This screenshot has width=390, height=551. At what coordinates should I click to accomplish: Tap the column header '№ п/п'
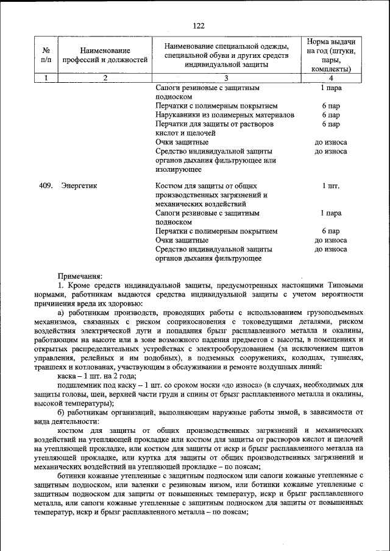pyautogui.click(x=46, y=55)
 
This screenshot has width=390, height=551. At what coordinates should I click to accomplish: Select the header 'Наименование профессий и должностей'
pyautogui.click(x=105, y=55)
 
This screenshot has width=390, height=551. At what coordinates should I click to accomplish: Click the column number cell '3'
pyautogui.click(x=225, y=78)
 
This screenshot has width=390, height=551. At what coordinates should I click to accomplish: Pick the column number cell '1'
pyautogui.click(x=46, y=78)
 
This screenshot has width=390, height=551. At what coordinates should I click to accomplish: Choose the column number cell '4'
pyautogui.click(x=331, y=78)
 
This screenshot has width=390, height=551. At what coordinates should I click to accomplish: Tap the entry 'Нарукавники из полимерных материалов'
pyautogui.click(x=225, y=114)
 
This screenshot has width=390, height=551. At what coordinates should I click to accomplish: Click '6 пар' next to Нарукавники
pyautogui.click(x=331, y=114)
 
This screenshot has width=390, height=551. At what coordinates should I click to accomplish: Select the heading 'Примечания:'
pyautogui.click(x=80, y=276)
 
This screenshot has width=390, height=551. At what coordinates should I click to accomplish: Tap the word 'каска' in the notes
pyautogui.click(x=68, y=376)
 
